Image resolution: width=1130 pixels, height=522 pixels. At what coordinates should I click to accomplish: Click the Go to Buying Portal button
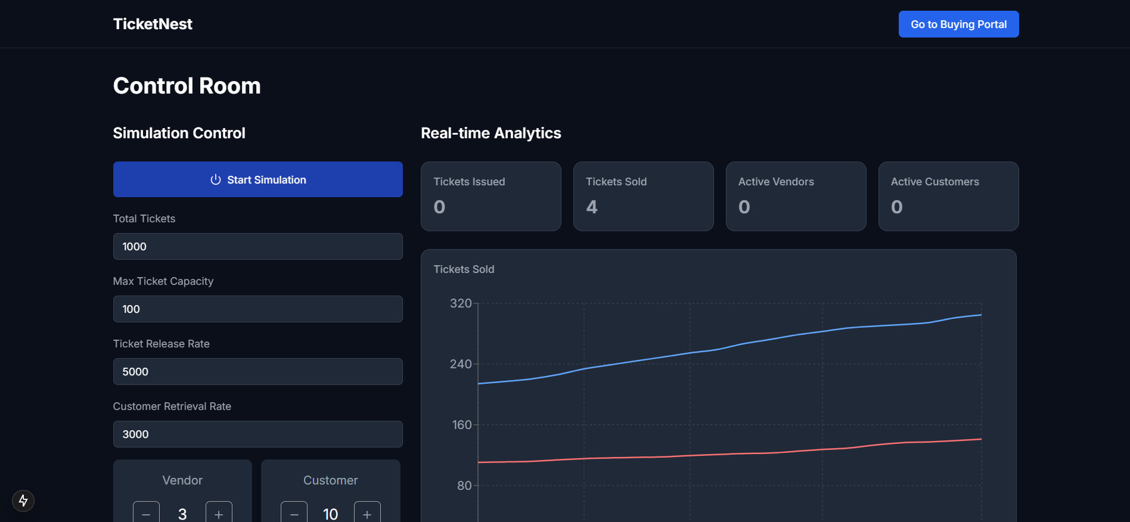point(958,24)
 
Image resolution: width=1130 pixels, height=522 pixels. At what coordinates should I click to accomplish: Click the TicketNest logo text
point(153,24)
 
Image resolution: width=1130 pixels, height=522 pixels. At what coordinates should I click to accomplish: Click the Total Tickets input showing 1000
point(257,246)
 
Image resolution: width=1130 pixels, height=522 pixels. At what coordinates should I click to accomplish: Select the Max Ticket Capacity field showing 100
point(257,309)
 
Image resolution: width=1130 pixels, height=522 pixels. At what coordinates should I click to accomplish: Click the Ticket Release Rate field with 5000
point(257,371)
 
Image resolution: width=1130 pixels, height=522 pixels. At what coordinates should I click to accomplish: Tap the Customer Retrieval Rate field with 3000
point(257,434)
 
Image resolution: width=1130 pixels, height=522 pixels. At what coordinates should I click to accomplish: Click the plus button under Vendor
point(219,513)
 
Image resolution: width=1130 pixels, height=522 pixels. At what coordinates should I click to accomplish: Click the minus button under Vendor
point(146,513)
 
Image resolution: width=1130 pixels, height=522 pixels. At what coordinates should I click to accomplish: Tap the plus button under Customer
point(367,513)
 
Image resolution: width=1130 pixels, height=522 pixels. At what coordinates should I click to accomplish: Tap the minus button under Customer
point(294,513)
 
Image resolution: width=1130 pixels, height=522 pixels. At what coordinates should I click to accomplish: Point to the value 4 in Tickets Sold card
point(591,207)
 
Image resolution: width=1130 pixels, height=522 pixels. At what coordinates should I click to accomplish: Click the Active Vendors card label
point(776,182)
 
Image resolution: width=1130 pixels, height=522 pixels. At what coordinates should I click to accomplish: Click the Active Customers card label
point(935,182)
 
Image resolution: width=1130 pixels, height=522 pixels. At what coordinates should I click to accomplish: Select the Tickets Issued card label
point(469,182)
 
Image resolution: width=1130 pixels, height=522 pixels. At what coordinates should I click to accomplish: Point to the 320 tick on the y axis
point(461,303)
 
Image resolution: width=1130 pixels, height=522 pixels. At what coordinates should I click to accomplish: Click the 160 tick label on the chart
point(462,425)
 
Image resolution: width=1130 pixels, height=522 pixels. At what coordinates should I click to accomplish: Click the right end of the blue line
point(980,315)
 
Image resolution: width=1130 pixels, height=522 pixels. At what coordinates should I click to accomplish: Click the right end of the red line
point(980,439)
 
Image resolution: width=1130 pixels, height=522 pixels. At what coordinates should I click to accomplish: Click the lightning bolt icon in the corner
point(23,501)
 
